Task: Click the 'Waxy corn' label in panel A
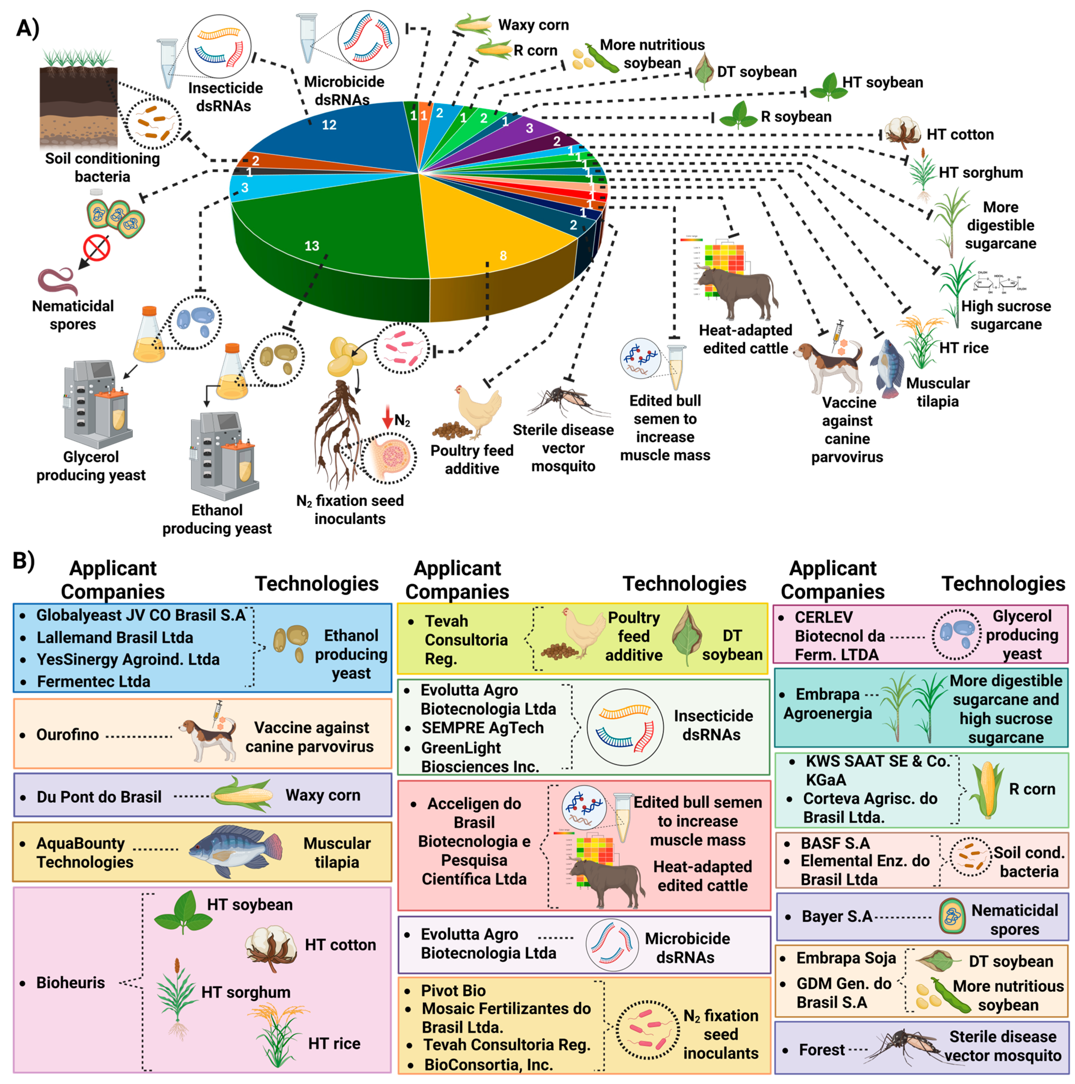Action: click(533, 25)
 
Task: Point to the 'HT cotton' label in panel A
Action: click(959, 135)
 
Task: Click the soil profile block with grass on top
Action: click(79, 107)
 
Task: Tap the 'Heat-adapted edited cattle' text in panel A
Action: click(745, 339)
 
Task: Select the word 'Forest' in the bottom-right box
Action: click(822, 1049)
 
